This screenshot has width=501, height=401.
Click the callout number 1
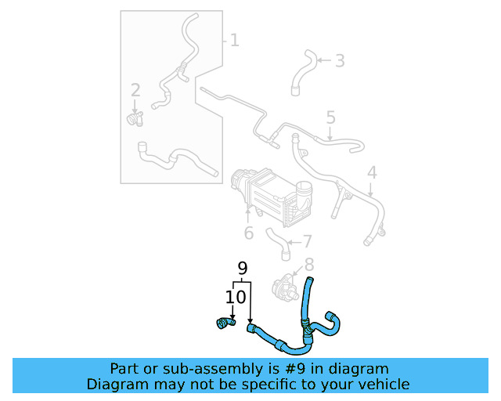pos(234,39)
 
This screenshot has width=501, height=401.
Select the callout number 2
pos(135,90)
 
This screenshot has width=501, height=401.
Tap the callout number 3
pos(339,60)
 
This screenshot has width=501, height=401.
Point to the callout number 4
pos(372,173)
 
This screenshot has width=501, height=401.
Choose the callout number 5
pos(330,117)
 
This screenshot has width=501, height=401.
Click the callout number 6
pos(248,233)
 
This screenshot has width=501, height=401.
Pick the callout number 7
pos(307,241)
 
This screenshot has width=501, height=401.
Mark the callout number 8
pos(308,265)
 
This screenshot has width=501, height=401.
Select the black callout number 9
pos(243,269)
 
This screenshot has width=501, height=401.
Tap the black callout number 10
pos(236,297)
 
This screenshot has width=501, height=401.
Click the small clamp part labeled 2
pos(135,118)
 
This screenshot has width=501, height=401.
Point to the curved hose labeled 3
pos(302,72)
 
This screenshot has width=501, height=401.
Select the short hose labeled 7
pos(277,243)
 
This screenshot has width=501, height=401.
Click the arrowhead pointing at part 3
pos(320,60)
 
